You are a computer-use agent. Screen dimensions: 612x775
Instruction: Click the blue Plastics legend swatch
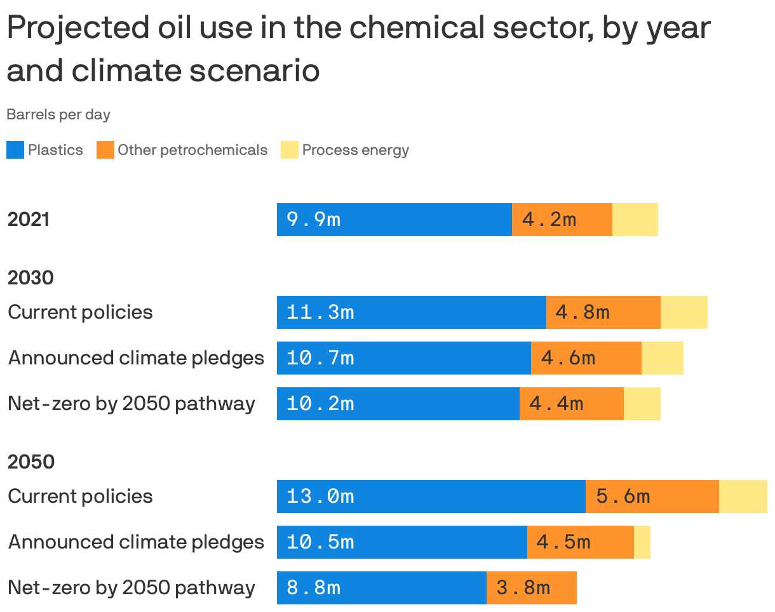[15, 150]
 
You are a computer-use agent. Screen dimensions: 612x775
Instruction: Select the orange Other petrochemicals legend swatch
[105, 150]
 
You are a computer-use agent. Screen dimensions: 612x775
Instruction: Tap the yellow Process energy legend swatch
[290, 150]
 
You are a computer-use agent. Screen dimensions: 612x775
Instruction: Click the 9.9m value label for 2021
[313, 220]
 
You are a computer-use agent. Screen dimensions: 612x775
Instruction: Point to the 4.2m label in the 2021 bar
[549, 220]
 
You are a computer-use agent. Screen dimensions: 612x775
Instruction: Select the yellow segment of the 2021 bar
[635, 220]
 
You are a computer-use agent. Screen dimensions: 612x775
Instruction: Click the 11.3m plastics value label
[320, 312]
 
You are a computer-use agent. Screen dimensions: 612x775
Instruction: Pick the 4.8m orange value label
[583, 312]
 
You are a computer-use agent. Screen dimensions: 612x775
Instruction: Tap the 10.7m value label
[320, 358]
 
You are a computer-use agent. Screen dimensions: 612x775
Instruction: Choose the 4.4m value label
[556, 404]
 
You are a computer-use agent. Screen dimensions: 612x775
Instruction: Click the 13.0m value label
[320, 496]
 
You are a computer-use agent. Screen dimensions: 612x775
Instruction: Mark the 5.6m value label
[623, 496]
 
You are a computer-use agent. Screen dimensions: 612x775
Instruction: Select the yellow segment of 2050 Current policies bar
[743, 496]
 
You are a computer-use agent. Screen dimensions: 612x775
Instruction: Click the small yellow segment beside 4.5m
[642, 542]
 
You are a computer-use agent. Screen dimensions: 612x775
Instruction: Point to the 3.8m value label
[523, 588]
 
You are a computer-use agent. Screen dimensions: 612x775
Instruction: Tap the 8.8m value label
[313, 588]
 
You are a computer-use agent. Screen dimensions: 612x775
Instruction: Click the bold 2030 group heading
[30, 277]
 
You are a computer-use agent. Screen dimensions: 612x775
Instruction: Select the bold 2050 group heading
[30, 462]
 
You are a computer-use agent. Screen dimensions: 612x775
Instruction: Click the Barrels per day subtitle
[58, 115]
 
